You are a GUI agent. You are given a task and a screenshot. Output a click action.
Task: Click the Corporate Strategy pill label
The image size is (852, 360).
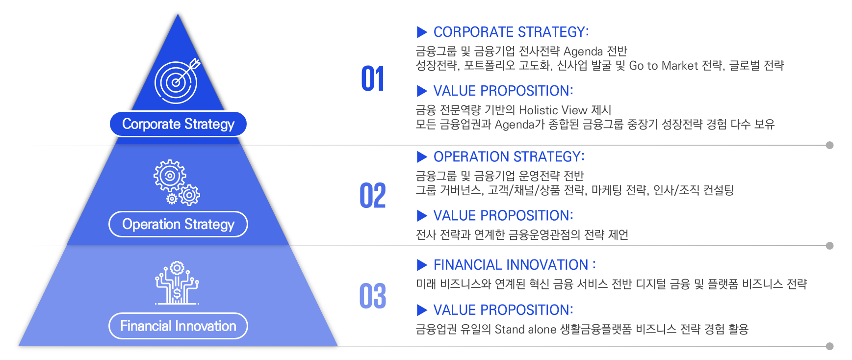coord(178,124)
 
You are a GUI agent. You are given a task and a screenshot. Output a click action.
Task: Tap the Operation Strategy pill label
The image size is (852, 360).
coord(178,224)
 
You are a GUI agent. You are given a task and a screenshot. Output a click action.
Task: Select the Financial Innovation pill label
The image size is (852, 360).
coord(178,326)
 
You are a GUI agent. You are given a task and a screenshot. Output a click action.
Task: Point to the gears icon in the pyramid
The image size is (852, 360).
coord(177,182)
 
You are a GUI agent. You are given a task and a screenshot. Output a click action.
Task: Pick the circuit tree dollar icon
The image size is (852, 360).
coord(177,283)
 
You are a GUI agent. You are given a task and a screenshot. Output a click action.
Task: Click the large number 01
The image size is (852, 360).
coord(373,79)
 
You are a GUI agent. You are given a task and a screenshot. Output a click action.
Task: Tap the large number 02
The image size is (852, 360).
coord(373,196)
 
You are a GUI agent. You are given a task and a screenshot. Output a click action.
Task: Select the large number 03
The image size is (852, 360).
coord(373,296)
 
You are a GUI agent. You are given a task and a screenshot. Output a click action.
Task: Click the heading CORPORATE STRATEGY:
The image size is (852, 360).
coord(511,32)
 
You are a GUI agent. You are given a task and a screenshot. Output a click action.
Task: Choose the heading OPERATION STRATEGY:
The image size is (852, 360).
coord(509,156)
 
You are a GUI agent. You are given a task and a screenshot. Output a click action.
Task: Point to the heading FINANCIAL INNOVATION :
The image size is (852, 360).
coord(515,265)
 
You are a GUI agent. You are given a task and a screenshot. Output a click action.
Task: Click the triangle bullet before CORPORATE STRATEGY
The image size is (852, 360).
coord(422,32)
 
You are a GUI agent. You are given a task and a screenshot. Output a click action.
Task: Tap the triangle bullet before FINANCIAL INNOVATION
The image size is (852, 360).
coord(422,265)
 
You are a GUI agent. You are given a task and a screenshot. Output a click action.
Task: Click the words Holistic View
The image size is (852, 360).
coord(553,110)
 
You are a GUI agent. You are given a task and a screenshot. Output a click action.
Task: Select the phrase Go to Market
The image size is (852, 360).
coord(664,65)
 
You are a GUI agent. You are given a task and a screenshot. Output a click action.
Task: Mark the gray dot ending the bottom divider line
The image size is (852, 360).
coord(829,346)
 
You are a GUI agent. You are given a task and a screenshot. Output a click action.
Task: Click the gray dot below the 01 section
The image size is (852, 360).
coord(829,145)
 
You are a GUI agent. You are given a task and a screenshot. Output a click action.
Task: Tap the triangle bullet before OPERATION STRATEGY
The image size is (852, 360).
coord(422,157)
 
